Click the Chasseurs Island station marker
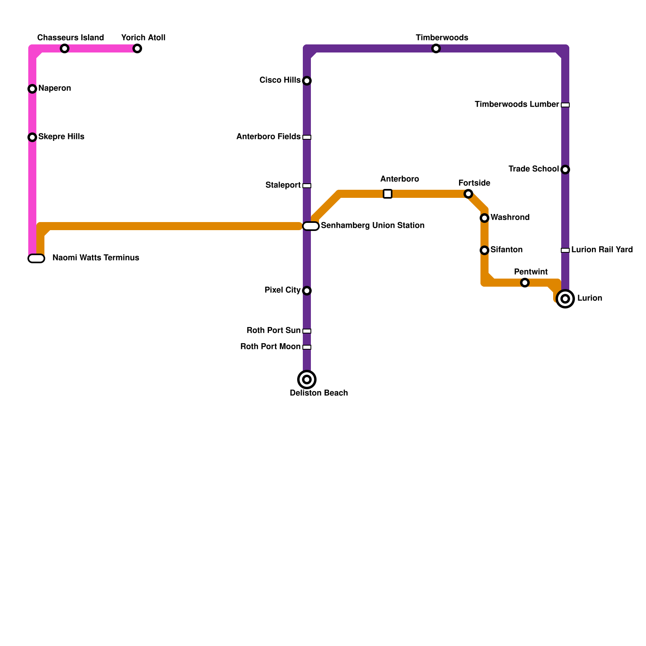pyautogui.click(x=65, y=48)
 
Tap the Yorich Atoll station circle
pyautogui.click(x=137, y=48)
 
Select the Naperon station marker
pyautogui.click(x=32, y=89)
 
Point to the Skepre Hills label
pyautogui.click(x=61, y=136)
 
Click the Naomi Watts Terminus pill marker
pyautogui.click(x=36, y=258)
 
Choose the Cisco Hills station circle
pyautogui.click(x=307, y=81)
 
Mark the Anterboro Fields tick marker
pyautogui.click(x=307, y=137)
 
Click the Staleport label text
pyautogui.click(x=283, y=185)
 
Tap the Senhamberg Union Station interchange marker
pyautogui.click(x=311, y=226)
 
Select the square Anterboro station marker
pyautogui.click(x=388, y=194)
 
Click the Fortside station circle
pyautogui.click(x=468, y=194)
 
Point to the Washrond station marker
pyautogui.click(x=484, y=218)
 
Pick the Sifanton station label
pyautogui.click(x=506, y=250)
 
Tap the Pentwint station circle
pyautogui.click(x=525, y=283)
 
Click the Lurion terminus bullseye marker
pyautogui.click(x=565, y=299)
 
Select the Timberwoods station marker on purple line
pyautogui.click(x=436, y=48)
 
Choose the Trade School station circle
pyautogui.click(x=565, y=170)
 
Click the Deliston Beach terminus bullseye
pyautogui.click(x=307, y=380)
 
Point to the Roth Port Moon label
pyautogui.click(x=270, y=346)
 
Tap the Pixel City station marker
pyautogui.click(x=307, y=291)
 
